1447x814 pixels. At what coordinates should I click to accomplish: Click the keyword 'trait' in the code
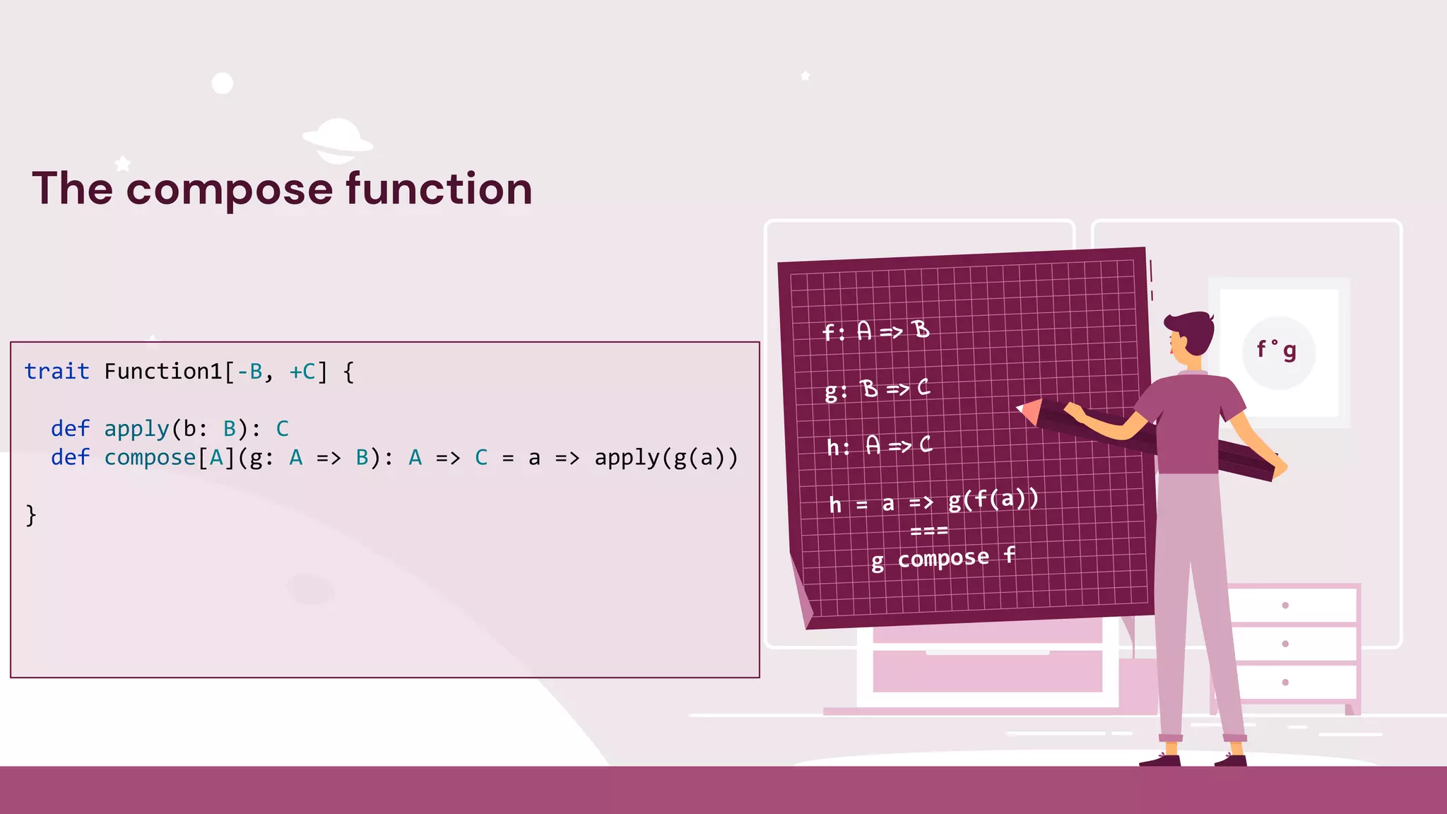pyautogui.click(x=57, y=372)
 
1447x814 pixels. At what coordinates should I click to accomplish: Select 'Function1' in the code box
pyautogui.click(x=163, y=372)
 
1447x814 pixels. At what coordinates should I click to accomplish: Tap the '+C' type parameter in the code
pyautogui.click(x=302, y=372)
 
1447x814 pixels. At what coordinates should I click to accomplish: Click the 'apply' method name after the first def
pyautogui.click(x=136, y=429)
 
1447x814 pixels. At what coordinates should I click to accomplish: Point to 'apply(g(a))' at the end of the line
pyautogui.click(x=666, y=458)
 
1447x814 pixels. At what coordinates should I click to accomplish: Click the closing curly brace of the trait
pyautogui.click(x=30, y=515)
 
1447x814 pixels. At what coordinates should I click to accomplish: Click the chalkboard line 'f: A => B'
pyautogui.click(x=875, y=331)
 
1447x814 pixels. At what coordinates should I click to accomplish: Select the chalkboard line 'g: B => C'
pyautogui.click(x=877, y=389)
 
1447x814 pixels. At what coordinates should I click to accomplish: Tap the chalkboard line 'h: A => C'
pyautogui.click(x=879, y=446)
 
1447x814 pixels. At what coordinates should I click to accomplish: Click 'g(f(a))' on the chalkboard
pyautogui.click(x=993, y=500)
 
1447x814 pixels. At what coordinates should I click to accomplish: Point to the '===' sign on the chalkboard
pyautogui.click(x=928, y=531)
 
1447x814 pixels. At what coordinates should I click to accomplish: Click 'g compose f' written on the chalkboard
pyautogui.click(x=943, y=559)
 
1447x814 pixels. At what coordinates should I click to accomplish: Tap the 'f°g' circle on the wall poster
pyautogui.click(x=1277, y=351)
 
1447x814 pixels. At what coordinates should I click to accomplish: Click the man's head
pyautogui.click(x=1191, y=335)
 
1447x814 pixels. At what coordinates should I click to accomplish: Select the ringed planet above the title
pyautogui.click(x=338, y=138)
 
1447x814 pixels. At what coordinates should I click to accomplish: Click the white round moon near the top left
pyautogui.click(x=223, y=83)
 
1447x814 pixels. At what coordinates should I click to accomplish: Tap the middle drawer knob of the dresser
pyautogui.click(x=1285, y=644)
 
